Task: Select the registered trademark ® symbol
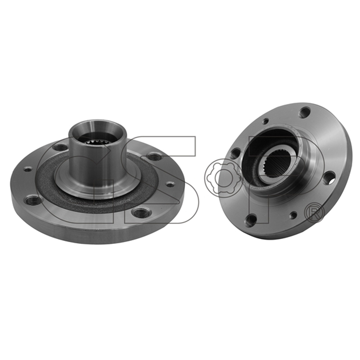(x=315, y=212)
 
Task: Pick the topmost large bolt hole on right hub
(x=305, y=112)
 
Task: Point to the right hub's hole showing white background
(x=329, y=178)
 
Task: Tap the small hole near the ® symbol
(x=293, y=215)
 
